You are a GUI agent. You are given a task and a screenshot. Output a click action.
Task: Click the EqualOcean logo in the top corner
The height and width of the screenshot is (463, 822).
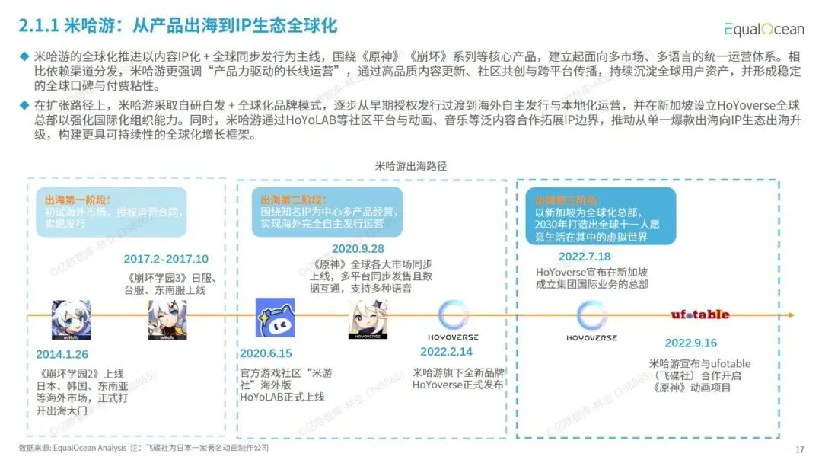click(763, 29)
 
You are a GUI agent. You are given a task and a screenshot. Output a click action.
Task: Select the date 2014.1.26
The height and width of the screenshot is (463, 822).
click(62, 354)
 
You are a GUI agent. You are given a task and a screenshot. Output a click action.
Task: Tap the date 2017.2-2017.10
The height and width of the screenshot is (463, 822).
click(165, 259)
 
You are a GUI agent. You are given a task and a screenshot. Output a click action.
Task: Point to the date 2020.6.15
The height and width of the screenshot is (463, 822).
click(266, 354)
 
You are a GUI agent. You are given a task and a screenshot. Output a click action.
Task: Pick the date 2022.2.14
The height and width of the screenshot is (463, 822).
click(446, 352)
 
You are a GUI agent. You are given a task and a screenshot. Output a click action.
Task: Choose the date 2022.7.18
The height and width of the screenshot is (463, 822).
click(585, 257)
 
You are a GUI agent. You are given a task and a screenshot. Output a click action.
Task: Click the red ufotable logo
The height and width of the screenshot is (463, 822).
click(700, 315)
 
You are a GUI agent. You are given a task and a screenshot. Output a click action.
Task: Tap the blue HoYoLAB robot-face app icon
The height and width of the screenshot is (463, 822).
click(275, 318)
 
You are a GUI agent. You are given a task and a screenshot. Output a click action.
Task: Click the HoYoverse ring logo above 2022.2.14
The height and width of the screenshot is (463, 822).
click(457, 315)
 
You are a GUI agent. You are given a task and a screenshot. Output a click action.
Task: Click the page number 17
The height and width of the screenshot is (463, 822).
click(799, 449)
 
